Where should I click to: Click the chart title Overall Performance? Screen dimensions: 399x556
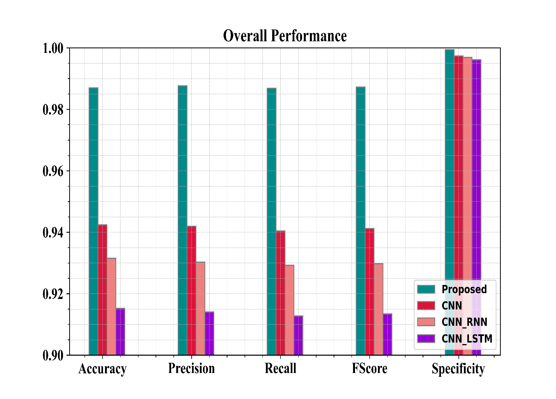[285, 36]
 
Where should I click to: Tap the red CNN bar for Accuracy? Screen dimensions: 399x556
[102, 290]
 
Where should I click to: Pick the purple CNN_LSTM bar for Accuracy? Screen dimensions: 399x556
[121, 332]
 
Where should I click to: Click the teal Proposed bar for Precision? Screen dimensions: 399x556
[182, 220]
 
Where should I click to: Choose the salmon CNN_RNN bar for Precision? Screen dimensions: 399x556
[200, 308]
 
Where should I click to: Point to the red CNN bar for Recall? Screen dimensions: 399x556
[280, 293]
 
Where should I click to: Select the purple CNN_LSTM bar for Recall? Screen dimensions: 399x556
[298, 335]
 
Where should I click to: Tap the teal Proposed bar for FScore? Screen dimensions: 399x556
[360, 221]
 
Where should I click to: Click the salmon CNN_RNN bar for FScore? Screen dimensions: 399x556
[378, 309]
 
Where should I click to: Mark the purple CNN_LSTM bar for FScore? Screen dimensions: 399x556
[387, 334]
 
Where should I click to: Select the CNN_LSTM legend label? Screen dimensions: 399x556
[467, 339]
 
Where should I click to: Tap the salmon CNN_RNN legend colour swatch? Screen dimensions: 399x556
[426, 322]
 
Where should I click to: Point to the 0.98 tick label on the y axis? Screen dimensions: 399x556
[53, 109]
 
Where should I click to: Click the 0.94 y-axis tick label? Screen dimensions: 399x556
[53, 232]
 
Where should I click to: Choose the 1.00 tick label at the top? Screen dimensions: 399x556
[53, 48]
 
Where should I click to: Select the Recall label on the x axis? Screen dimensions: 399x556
[280, 368]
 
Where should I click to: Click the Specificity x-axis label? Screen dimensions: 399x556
[458, 369]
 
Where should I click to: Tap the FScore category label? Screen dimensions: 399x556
[369, 368]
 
